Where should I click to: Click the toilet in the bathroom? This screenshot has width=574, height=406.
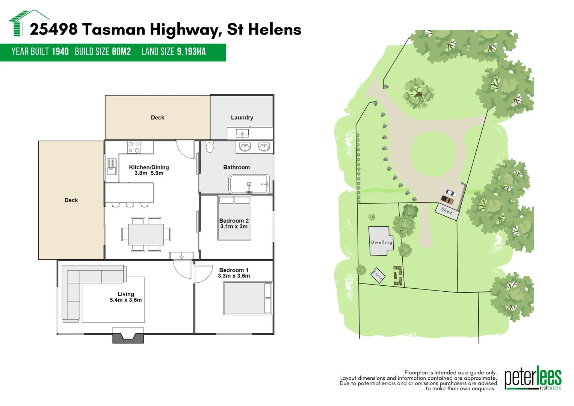pos(210,147)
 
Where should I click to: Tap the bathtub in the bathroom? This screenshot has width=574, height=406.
pos(249,184)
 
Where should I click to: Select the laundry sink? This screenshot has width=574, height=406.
pos(242,133)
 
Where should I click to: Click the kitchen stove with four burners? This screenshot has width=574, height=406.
pos(134,147)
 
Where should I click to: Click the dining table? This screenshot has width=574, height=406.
pos(146,234)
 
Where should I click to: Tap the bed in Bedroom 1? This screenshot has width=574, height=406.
pos(248,298)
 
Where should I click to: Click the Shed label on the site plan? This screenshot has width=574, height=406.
pos(447,211)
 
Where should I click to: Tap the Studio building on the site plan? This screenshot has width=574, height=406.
pos(378,275)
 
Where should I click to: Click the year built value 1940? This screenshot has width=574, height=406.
pos(60,52)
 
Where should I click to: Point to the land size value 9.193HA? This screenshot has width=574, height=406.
pos(191,52)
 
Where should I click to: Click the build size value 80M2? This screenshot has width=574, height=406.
pos(121,52)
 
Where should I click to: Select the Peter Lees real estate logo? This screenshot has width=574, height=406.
pos(533,378)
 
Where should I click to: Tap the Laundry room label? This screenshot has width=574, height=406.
pos(242,118)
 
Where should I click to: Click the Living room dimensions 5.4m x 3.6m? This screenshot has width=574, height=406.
pos(125,300)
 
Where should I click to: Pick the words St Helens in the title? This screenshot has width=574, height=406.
pos(264,29)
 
